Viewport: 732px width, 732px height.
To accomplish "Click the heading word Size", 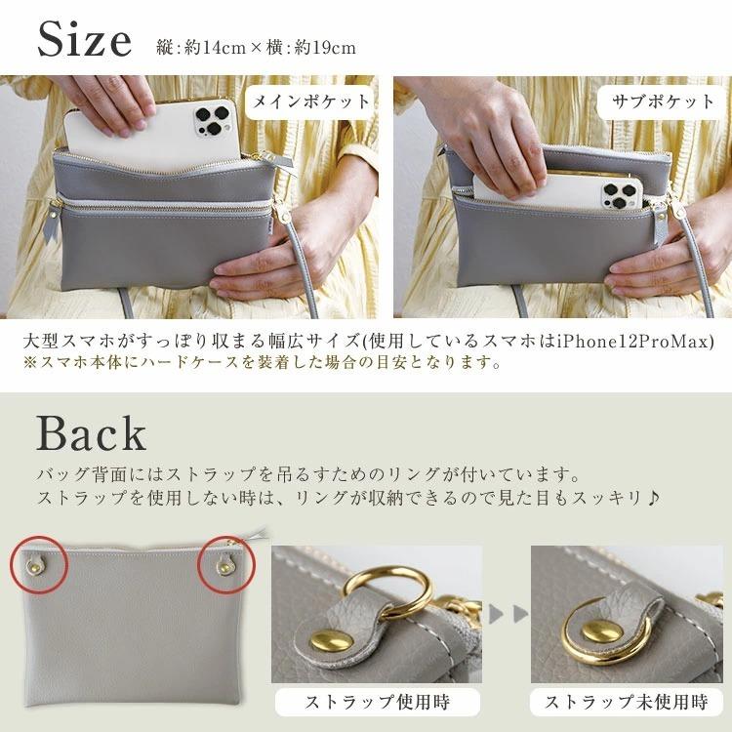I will click(x=84, y=40).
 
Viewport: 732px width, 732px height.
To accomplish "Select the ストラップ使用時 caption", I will click(x=377, y=702).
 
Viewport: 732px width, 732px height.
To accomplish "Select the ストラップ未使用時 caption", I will click(x=627, y=702).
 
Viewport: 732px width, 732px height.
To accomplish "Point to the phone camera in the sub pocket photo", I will click(x=621, y=191).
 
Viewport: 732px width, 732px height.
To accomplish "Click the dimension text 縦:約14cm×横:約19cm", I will click(x=256, y=47).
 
